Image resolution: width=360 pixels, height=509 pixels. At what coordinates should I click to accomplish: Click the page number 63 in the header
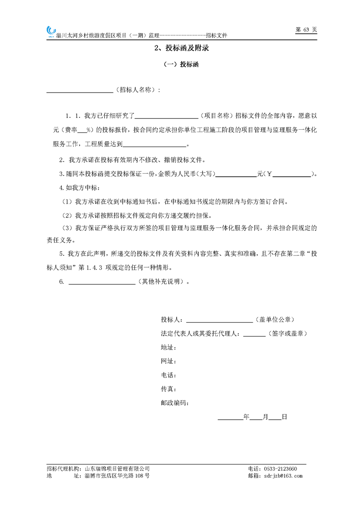[306, 29]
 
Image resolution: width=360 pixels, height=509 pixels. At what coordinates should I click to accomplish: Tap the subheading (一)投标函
[181, 65]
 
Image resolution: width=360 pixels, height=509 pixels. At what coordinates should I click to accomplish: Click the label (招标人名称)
[137, 90]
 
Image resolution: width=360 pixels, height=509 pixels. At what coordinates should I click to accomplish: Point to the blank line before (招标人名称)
[80, 91]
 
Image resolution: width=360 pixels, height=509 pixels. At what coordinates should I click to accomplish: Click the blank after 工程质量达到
[154, 145]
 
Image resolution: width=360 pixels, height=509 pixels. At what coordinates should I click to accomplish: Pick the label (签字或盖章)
[288, 333]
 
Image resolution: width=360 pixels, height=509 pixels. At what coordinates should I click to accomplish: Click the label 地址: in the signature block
[168, 347]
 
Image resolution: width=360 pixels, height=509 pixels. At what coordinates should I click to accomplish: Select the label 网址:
[168, 362]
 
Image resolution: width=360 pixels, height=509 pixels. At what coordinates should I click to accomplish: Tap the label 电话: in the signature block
[168, 375]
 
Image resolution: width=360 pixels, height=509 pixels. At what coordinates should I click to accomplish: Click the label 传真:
[168, 389]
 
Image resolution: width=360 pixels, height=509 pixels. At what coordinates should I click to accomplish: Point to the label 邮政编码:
[175, 402]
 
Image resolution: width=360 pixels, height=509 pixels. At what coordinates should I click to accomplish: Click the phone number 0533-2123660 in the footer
[281, 469]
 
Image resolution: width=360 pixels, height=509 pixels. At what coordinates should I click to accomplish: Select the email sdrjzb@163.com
[282, 476]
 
